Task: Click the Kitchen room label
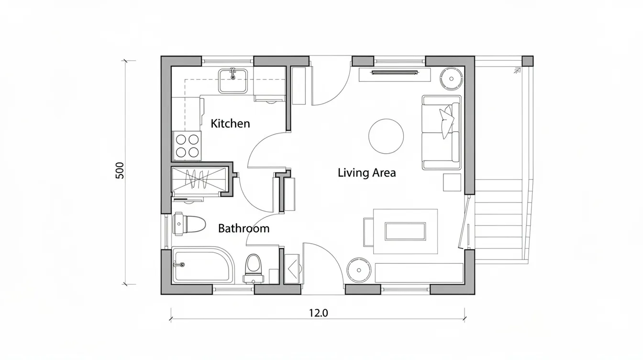click(230, 124)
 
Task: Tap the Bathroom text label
click(244, 228)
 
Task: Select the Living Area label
click(366, 173)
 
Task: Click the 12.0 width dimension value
click(318, 313)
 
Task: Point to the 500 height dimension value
click(120, 170)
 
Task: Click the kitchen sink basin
click(233, 81)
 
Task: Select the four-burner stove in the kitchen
click(187, 146)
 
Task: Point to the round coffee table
click(386, 136)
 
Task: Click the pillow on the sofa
click(447, 121)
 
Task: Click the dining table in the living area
click(405, 231)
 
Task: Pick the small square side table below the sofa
click(452, 182)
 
